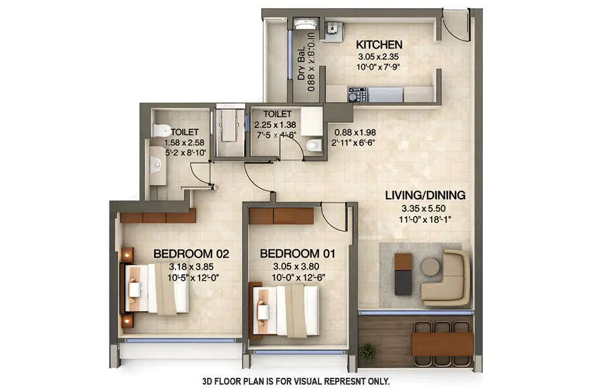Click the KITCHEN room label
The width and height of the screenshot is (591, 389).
pos(379,45)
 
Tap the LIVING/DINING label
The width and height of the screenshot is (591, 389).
pos(425,195)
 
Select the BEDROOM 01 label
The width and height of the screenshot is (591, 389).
pos(297,254)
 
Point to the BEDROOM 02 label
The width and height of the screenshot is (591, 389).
pos(192,254)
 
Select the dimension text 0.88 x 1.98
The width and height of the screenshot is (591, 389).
pos(355,133)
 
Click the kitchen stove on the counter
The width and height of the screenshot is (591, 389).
pos(357,95)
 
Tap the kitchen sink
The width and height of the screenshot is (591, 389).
pos(335,30)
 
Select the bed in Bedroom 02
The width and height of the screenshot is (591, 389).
pos(157,288)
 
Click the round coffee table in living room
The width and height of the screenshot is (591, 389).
pos(430,266)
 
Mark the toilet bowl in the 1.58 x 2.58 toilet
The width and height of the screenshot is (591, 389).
pos(161,130)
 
